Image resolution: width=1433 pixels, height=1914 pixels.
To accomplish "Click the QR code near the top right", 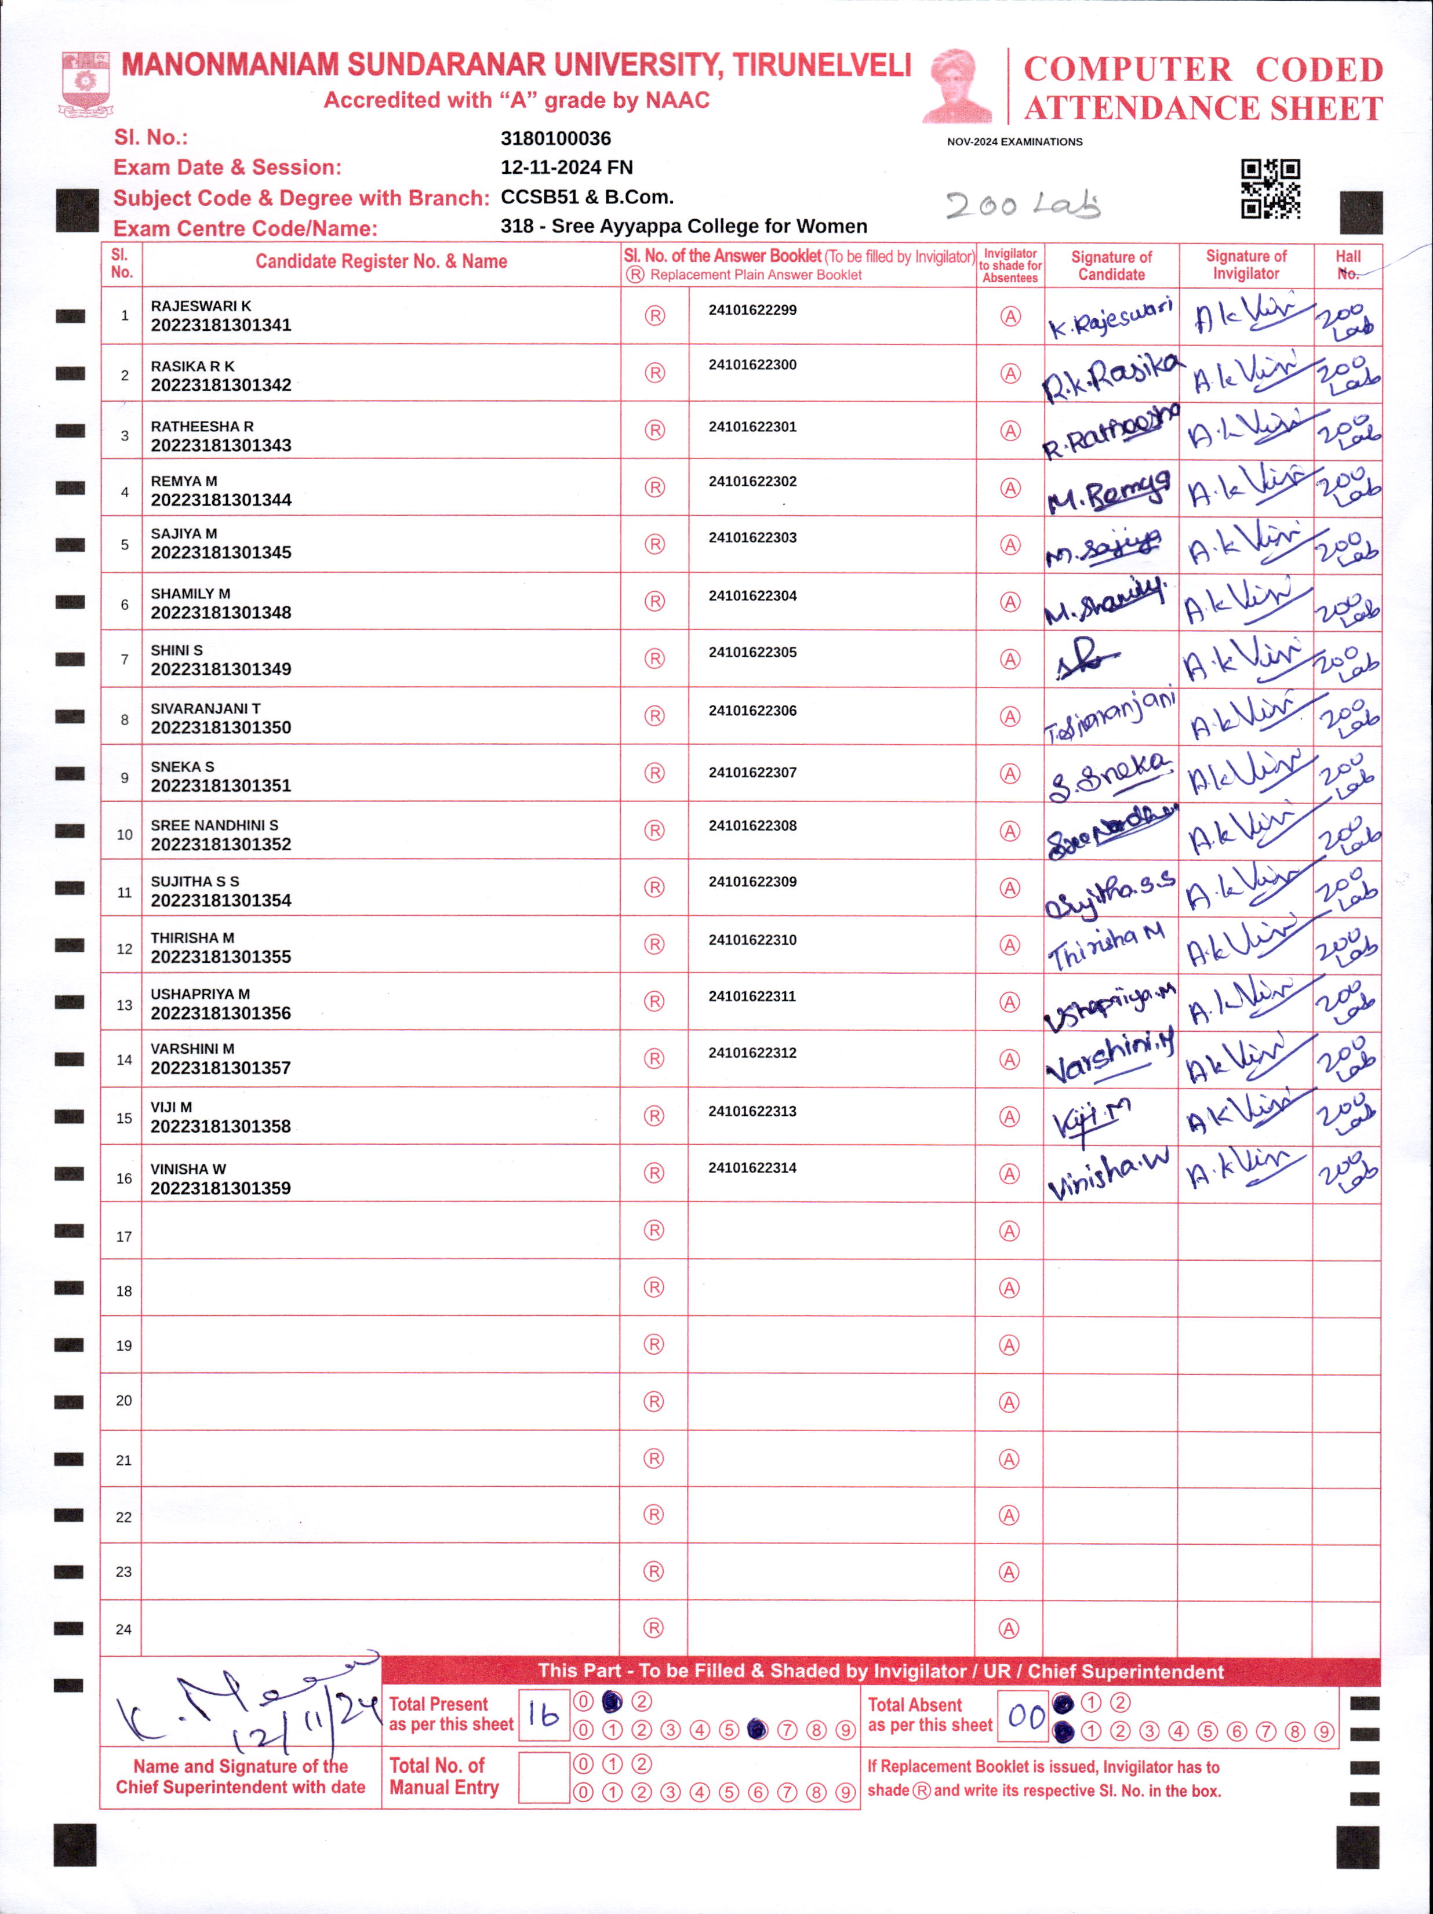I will coord(1270,188).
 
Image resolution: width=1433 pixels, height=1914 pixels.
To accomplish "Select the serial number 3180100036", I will coord(555,139).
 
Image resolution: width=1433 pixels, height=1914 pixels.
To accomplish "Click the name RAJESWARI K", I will coord(201,306).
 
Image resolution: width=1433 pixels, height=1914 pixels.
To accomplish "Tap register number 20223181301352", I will coord(221,845).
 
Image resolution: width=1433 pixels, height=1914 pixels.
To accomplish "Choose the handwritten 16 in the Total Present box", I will coord(543,1715).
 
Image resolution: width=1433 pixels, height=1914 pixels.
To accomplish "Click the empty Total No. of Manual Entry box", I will coord(543,1777).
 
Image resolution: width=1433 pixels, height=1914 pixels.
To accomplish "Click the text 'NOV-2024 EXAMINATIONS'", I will coord(1014,142).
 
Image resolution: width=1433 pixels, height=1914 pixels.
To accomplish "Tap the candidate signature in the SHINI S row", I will coord(1087,663).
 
